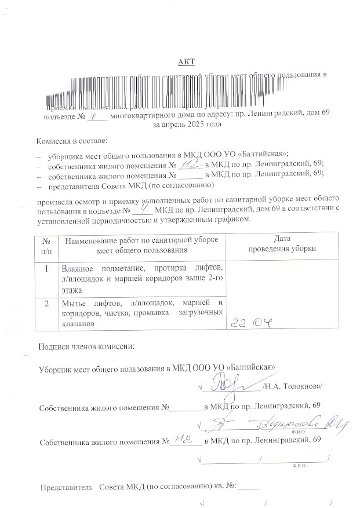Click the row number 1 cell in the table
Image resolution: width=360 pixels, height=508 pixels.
[x=45, y=269]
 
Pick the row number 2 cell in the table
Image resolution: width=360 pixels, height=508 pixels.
[x=45, y=303]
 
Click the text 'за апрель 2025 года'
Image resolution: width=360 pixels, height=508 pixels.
[x=186, y=124]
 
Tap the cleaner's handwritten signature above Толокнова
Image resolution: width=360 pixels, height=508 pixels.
[x=226, y=382]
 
